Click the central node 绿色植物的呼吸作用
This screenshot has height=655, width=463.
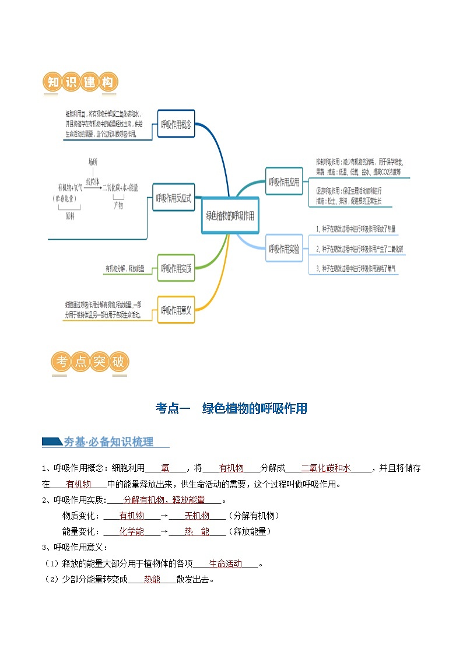(230, 215)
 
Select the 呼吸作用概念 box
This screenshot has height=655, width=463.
(176, 124)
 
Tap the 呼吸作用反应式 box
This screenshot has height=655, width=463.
(173, 198)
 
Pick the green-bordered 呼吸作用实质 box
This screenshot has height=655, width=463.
(176, 268)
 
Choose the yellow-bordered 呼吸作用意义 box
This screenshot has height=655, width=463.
(176, 310)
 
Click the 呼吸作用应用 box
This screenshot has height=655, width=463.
(284, 182)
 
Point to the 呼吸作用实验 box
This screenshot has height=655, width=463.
(284, 249)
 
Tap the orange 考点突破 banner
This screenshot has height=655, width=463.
(90, 362)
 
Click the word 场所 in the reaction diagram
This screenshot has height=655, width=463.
(93, 162)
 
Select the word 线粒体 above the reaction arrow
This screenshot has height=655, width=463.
(93, 181)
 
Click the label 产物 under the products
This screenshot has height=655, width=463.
(118, 205)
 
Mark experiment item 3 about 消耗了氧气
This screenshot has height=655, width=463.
(356, 268)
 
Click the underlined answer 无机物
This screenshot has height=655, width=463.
(197, 516)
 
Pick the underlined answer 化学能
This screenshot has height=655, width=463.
(131, 531)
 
